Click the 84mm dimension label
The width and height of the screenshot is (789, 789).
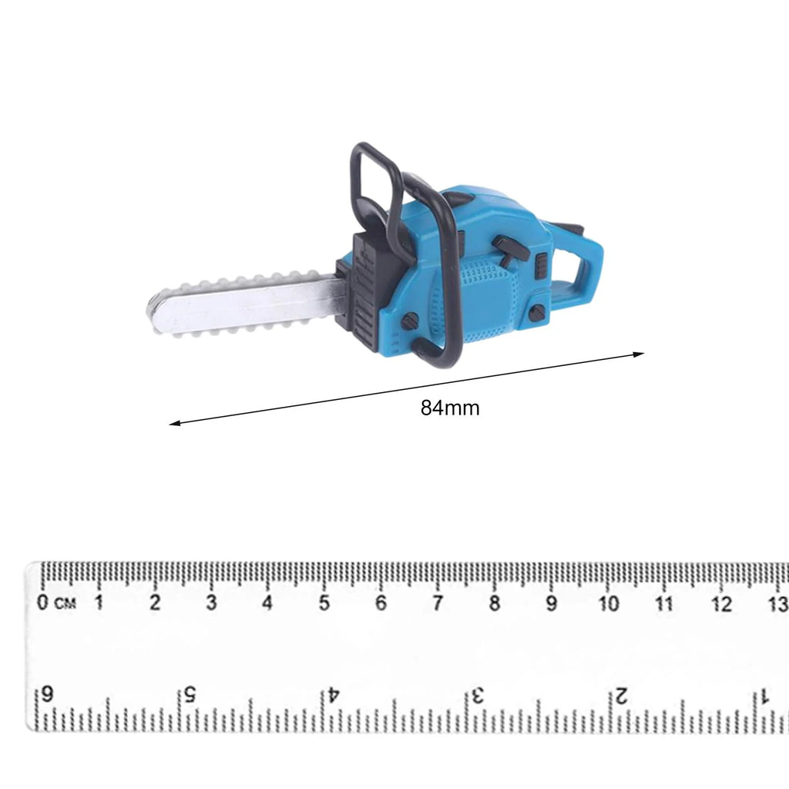pyautogui.click(x=450, y=408)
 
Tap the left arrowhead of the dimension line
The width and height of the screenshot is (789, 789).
pyautogui.click(x=175, y=423)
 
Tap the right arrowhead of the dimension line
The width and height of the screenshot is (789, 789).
pyautogui.click(x=639, y=354)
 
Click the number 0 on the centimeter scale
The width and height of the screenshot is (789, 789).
pyautogui.click(x=42, y=602)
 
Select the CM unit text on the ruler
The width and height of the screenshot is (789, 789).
pyautogui.click(x=65, y=603)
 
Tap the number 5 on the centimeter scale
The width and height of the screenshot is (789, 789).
pyautogui.click(x=324, y=603)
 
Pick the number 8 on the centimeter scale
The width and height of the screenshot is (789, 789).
pyautogui.click(x=494, y=603)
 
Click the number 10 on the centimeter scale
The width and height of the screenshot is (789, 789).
pyautogui.click(x=608, y=603)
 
